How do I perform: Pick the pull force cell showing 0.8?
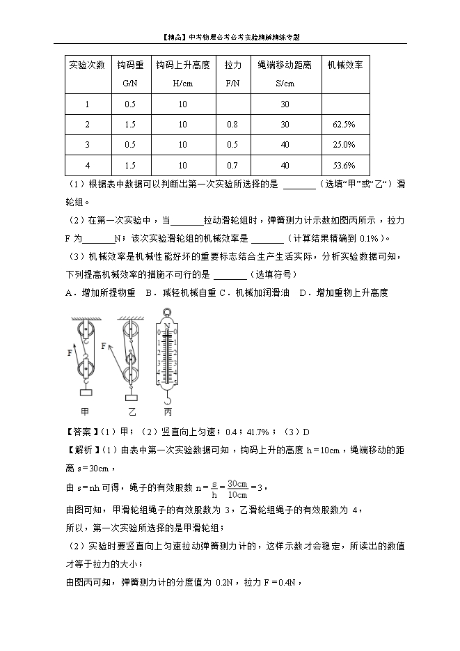coord(232,125)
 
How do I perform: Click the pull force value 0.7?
coord(232,166)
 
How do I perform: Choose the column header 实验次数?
coord(87,65)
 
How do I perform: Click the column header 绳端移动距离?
coord(285,65)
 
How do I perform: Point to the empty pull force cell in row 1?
coord(232,104)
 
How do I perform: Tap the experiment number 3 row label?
coord(87,145)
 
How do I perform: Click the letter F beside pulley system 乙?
coord(104,346)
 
